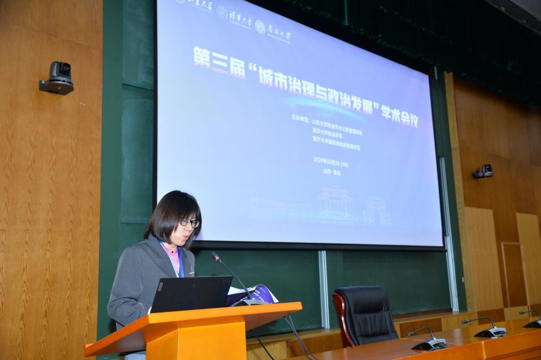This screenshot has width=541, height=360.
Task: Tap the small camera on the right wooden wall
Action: click(x=483, y=171)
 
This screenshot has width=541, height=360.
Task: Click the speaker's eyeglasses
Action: click(x=189, y=222)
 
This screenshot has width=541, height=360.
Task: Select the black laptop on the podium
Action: click(x=191, y=293)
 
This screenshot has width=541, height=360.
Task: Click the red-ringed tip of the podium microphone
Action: click(x=215, y=257)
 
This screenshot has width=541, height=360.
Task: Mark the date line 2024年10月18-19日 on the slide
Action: click(x=331, y=164)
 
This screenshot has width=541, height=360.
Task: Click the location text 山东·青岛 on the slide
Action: click(x=332, y=171)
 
